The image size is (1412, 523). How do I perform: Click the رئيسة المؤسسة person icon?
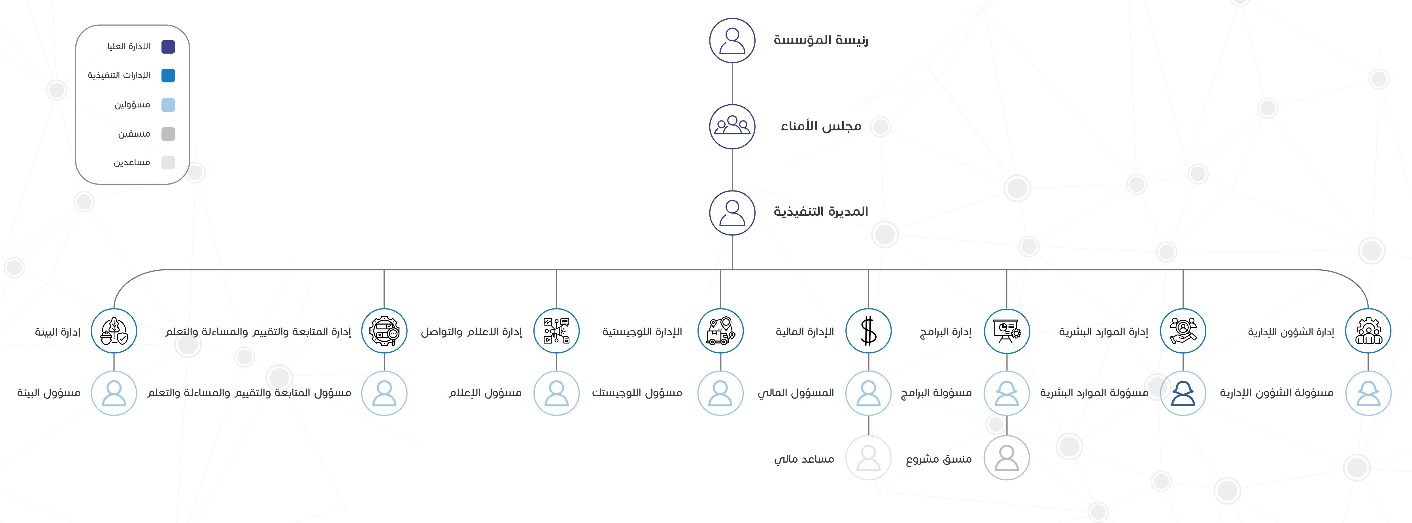[x=732, y=41]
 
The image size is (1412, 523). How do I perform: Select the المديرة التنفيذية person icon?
[x=732, y=213]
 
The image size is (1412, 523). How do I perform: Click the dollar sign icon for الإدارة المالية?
[x=868, y=331]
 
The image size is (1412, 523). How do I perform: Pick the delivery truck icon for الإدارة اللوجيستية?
[x=720, y=331]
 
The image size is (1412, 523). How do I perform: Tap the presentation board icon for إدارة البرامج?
[x=1007, y=331]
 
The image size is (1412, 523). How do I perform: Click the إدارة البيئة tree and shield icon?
[x=114, y=331]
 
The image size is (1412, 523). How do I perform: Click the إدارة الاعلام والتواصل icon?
[x=556, y=331]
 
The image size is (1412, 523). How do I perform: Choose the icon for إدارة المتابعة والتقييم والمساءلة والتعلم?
[x=384, y=331]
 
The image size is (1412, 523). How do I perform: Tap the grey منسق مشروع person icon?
[x=1007, y=458]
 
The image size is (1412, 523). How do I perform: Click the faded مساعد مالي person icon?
[x=868, y=458]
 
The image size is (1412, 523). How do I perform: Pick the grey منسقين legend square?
[x=168, y=134]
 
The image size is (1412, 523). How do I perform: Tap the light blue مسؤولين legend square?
[x=168, y=105]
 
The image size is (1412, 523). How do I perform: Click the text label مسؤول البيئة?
[x=49, y=393]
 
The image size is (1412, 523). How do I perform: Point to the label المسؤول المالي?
[x=796, y=393]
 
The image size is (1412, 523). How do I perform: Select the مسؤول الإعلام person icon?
[x=556, y=393]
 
